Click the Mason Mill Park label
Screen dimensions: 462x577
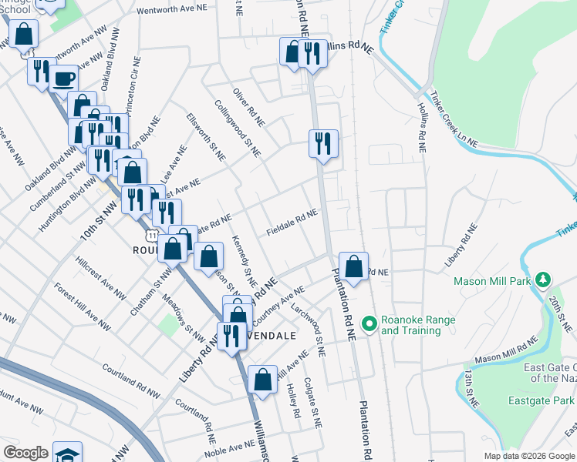coord(494,281)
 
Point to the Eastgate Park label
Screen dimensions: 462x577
coord(542,400)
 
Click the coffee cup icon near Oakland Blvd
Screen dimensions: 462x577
coord(64,78)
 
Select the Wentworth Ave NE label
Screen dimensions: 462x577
coord(174,12)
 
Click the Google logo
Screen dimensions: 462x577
coord(25,453)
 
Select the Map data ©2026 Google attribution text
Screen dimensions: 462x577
coord(528,456)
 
